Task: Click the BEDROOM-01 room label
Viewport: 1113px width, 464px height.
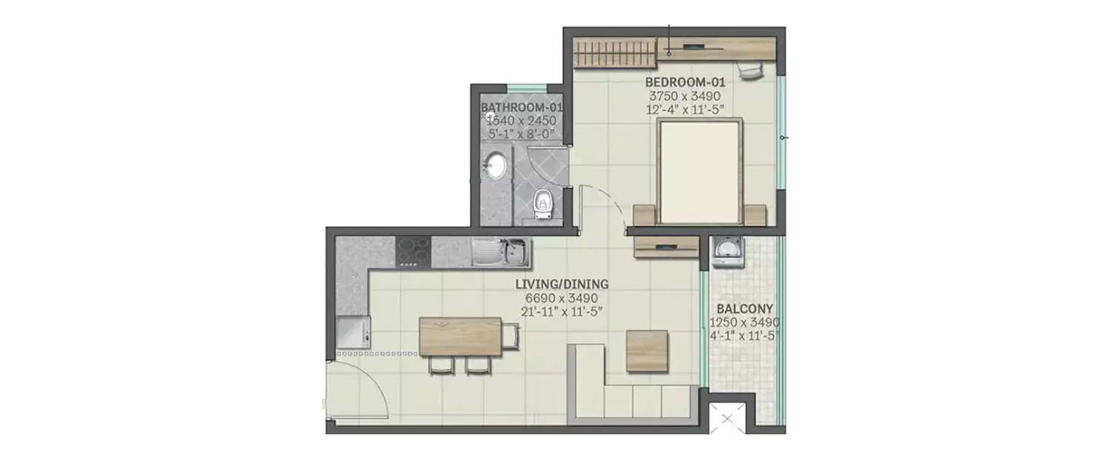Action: click(685, 82)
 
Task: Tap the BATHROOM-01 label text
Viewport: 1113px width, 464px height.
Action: click(521, 108)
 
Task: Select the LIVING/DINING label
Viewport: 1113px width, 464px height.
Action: click(562, 284)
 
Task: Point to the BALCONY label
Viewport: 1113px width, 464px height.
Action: click(744, 309)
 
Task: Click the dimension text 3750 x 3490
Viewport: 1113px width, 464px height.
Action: click(685, 96)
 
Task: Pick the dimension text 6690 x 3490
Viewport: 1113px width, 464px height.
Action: click(562, 298)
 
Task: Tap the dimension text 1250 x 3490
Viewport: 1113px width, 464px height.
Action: click(744, 322)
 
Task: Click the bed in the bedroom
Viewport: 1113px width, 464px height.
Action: click(700, 171)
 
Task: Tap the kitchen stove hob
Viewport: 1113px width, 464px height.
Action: click(413, 252)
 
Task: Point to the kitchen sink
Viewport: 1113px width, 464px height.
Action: click(501, 252)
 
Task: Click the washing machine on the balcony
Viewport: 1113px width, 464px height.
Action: click(727, 252)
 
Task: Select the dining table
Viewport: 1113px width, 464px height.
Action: click(460, 336)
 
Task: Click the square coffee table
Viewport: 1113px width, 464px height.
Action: click(646, 350)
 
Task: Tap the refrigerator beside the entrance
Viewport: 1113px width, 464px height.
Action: click(352, 332)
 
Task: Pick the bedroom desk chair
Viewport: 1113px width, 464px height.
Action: click(749, 71)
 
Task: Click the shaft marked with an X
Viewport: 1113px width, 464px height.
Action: click(727, 419)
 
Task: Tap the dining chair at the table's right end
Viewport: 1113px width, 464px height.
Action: click(510, 336)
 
